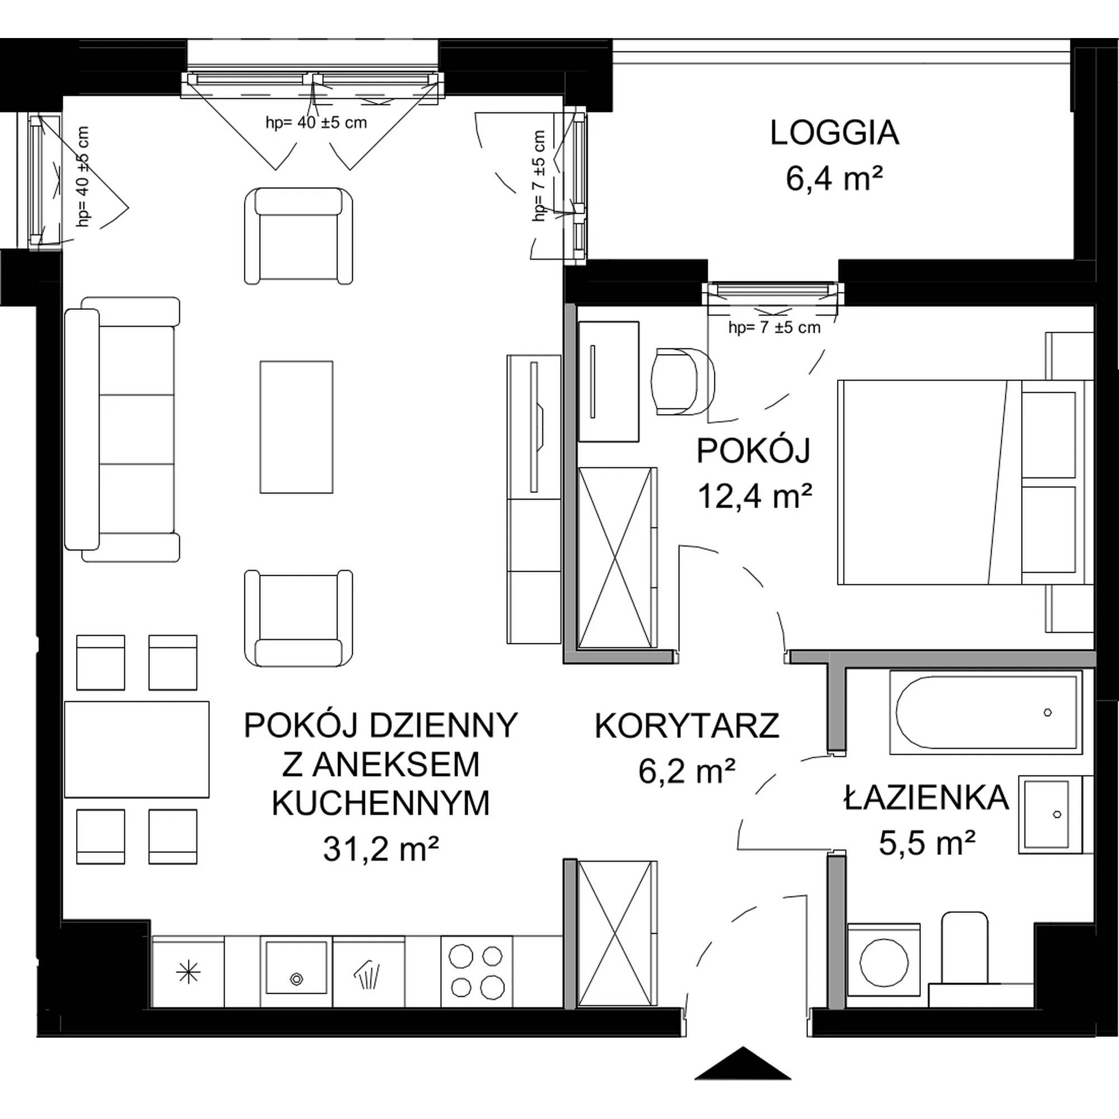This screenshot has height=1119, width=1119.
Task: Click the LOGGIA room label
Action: click(834, 133)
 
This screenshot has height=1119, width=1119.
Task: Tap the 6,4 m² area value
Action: click(834, 179)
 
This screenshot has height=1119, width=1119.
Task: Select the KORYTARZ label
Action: click(688, 726)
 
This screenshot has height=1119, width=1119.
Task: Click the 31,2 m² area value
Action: click(380, 850)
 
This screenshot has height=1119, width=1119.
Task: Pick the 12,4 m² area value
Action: click(755, 496)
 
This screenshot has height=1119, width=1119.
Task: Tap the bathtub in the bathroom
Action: click(986, 712)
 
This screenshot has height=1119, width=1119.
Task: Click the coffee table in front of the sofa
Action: click(297, 427)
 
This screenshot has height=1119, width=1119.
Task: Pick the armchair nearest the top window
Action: click(298, 236)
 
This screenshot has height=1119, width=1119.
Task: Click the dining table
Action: click(137, 750)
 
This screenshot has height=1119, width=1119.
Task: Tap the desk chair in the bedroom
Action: click(684, 382)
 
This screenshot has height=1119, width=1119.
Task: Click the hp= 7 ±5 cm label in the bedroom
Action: click(774, 328)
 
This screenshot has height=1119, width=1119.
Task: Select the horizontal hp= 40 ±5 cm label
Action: click(316, 122)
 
